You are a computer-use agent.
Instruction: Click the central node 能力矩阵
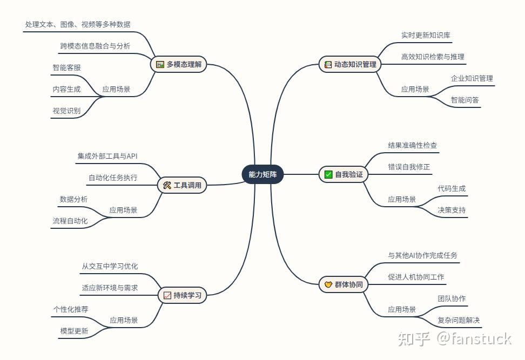click(x=262, y=174)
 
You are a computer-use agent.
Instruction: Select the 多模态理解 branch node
click(x=178, y=64)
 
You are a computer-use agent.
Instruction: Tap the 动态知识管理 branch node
click(x=349, y=64)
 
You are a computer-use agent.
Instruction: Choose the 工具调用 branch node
click(x=181, y=185)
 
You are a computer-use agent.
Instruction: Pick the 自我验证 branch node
click(x=343, y=174)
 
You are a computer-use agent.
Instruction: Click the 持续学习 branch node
click(x=181, y=295)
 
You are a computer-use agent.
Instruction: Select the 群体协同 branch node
click(x=343, y=284)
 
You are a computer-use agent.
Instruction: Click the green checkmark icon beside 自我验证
click(x=328, y=174)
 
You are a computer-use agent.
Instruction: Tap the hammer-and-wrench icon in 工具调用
click(x=167, y=185)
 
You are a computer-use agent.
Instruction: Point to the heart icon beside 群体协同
click(x=328, y=284)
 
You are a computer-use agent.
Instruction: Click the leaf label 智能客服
click(x=66, y=68)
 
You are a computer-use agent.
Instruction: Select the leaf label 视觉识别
click(x=66, y=111)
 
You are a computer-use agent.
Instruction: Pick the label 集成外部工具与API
click(x=107, y=156)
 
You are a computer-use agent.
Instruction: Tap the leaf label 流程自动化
click(x=70, y=221)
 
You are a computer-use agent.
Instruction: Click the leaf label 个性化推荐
click(x=71, y=309)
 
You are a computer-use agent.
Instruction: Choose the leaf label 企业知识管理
click(x=472, y=78)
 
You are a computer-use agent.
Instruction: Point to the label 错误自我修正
click(x=409, y=167)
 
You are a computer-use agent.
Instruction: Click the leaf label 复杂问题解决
click(x=459, y=320)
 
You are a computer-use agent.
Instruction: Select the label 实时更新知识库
click(x=426, y=35)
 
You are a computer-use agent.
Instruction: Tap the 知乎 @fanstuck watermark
click(x=454, y=339)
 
